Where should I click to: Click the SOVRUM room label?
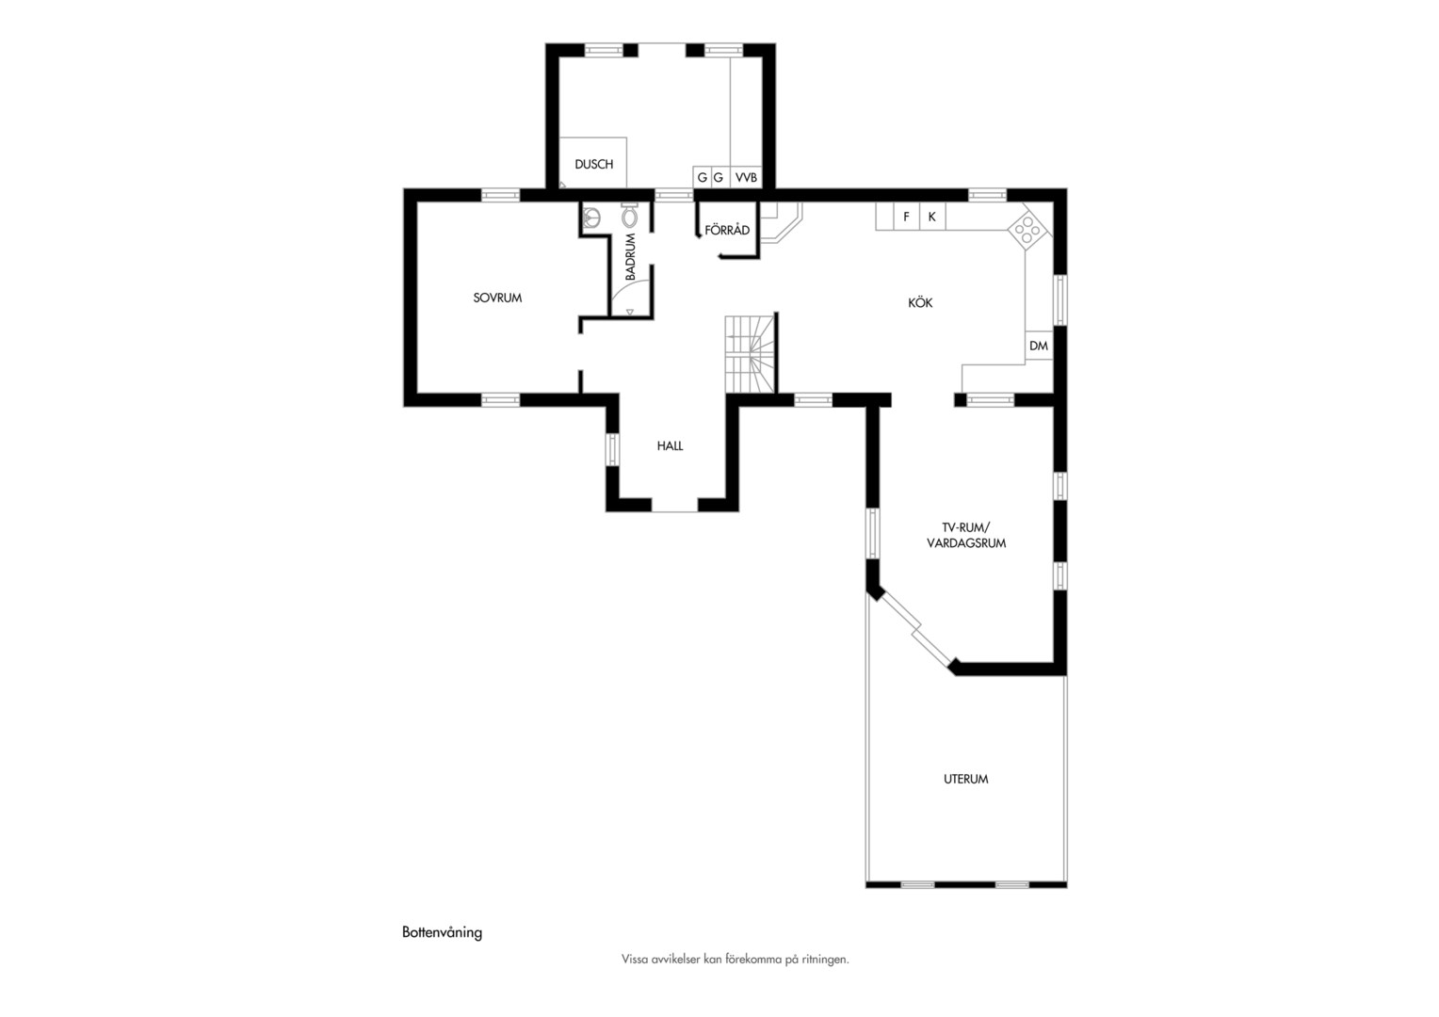point(497,298)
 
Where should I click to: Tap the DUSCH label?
point(593,165)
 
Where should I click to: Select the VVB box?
point(746,177)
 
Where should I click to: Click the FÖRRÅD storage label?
point(727,230)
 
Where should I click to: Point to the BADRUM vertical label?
point(630,257)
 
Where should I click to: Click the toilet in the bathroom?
point(629,216)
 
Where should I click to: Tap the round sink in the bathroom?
point(591,218)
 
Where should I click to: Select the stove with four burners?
point(1027,230)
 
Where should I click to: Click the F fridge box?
point(907,217)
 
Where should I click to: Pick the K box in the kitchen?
point(932,217)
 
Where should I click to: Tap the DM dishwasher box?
point(1038,346)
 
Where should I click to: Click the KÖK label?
point(920,302)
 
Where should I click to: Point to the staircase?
point(750,354)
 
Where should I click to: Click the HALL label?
point(670,445)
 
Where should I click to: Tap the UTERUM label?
point(965,780)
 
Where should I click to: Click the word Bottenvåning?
point(442,932)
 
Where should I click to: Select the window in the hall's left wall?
point(613,449)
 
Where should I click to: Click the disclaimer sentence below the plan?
point(735,960)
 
